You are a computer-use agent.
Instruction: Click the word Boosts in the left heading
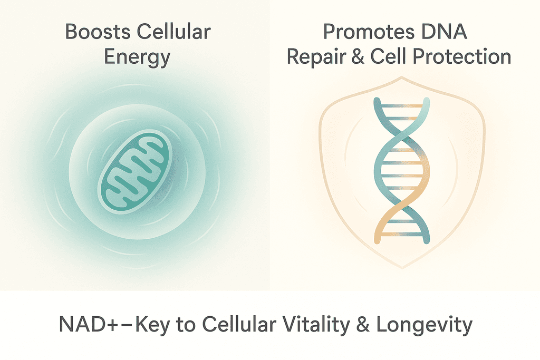pyautogui.click(x=98, y=32)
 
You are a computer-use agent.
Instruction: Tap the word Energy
pyautogui.click(x=137, y=57)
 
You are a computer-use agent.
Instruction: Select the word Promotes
pyautogui.click(x=368, y=32)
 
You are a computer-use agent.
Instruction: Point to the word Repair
pyautogui.click(x=316, y=57)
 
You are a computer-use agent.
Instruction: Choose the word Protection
pyautogui.click(x=461, y=56)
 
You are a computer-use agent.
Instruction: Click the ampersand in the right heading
pyautogui.click(x=358, y=56)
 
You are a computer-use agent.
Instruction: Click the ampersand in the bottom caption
pyautogui.click(x=363, y=324)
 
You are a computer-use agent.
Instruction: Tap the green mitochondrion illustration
pyautogui.click(x=135, y=171)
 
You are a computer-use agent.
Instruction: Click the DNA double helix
pyautogui.click(x=402, y=171)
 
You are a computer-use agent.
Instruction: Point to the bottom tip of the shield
pyautogui.click(x=402, y=268)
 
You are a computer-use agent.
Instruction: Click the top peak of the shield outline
pyautogui.click(x=401, y=77)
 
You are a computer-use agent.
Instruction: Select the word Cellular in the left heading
pyautogui.click(x=174, y=32)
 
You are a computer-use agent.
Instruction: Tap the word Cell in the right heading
pyautogui.click(x=389, y=56)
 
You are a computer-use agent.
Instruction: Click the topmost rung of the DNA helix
pyautogui.click(x=401, y=106)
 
